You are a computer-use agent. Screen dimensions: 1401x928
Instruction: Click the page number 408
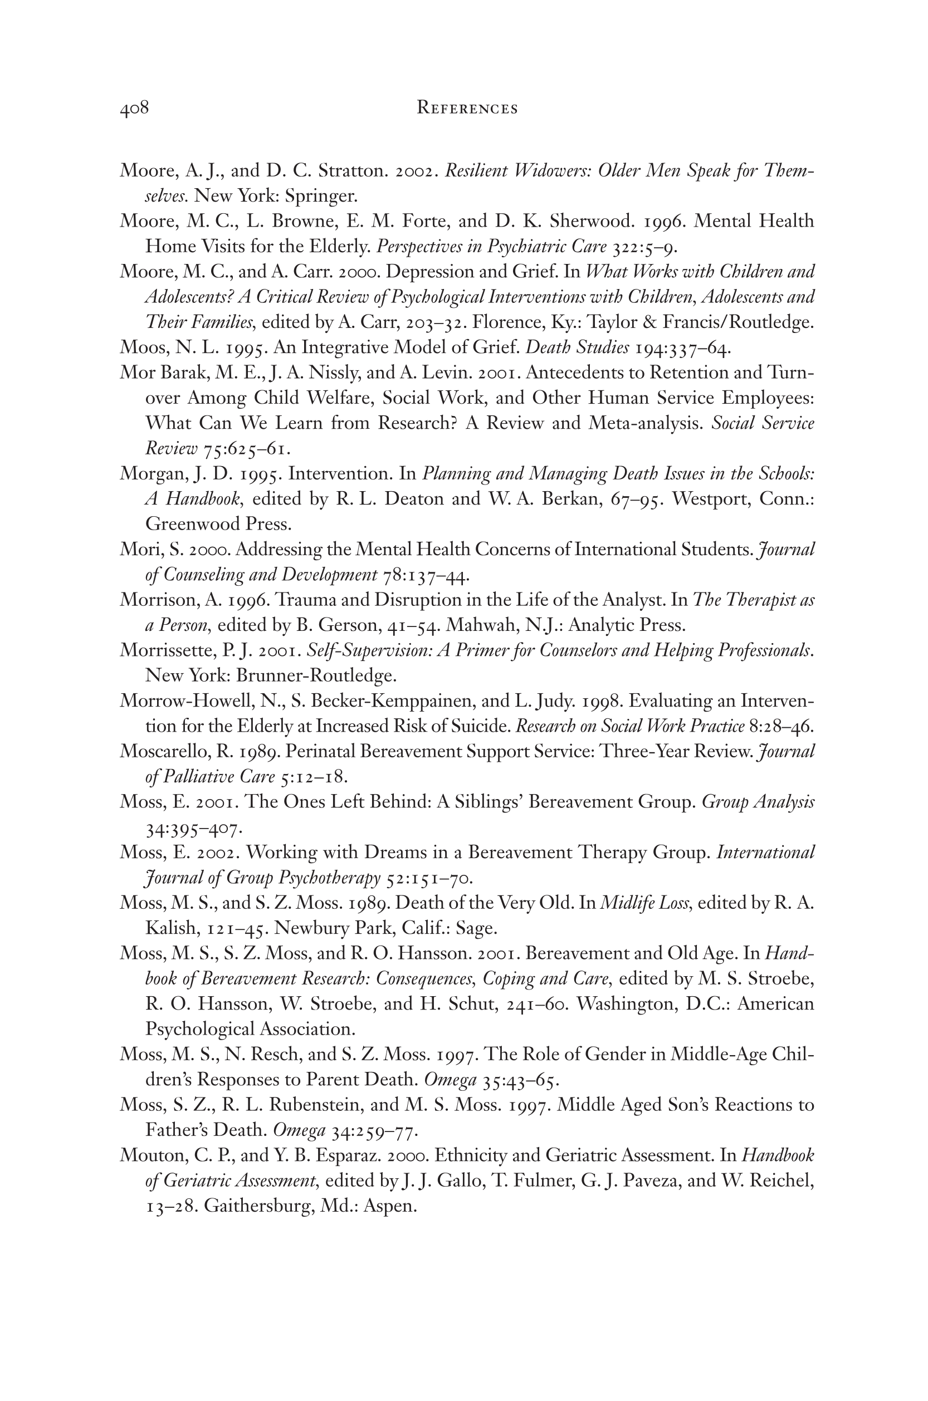[x=134, y=108]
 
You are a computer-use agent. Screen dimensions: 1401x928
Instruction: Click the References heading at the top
[x=467, y=108]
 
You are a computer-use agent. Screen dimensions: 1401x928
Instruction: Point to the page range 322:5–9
[x=645, y=247]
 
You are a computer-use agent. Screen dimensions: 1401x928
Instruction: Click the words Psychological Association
[x=250, y=1030]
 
